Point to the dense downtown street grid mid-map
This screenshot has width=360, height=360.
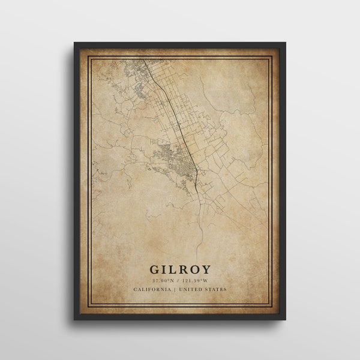pyautogui.click(x=180, y=159)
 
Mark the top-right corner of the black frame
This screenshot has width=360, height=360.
pyautogui.click(x=286, y=43)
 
